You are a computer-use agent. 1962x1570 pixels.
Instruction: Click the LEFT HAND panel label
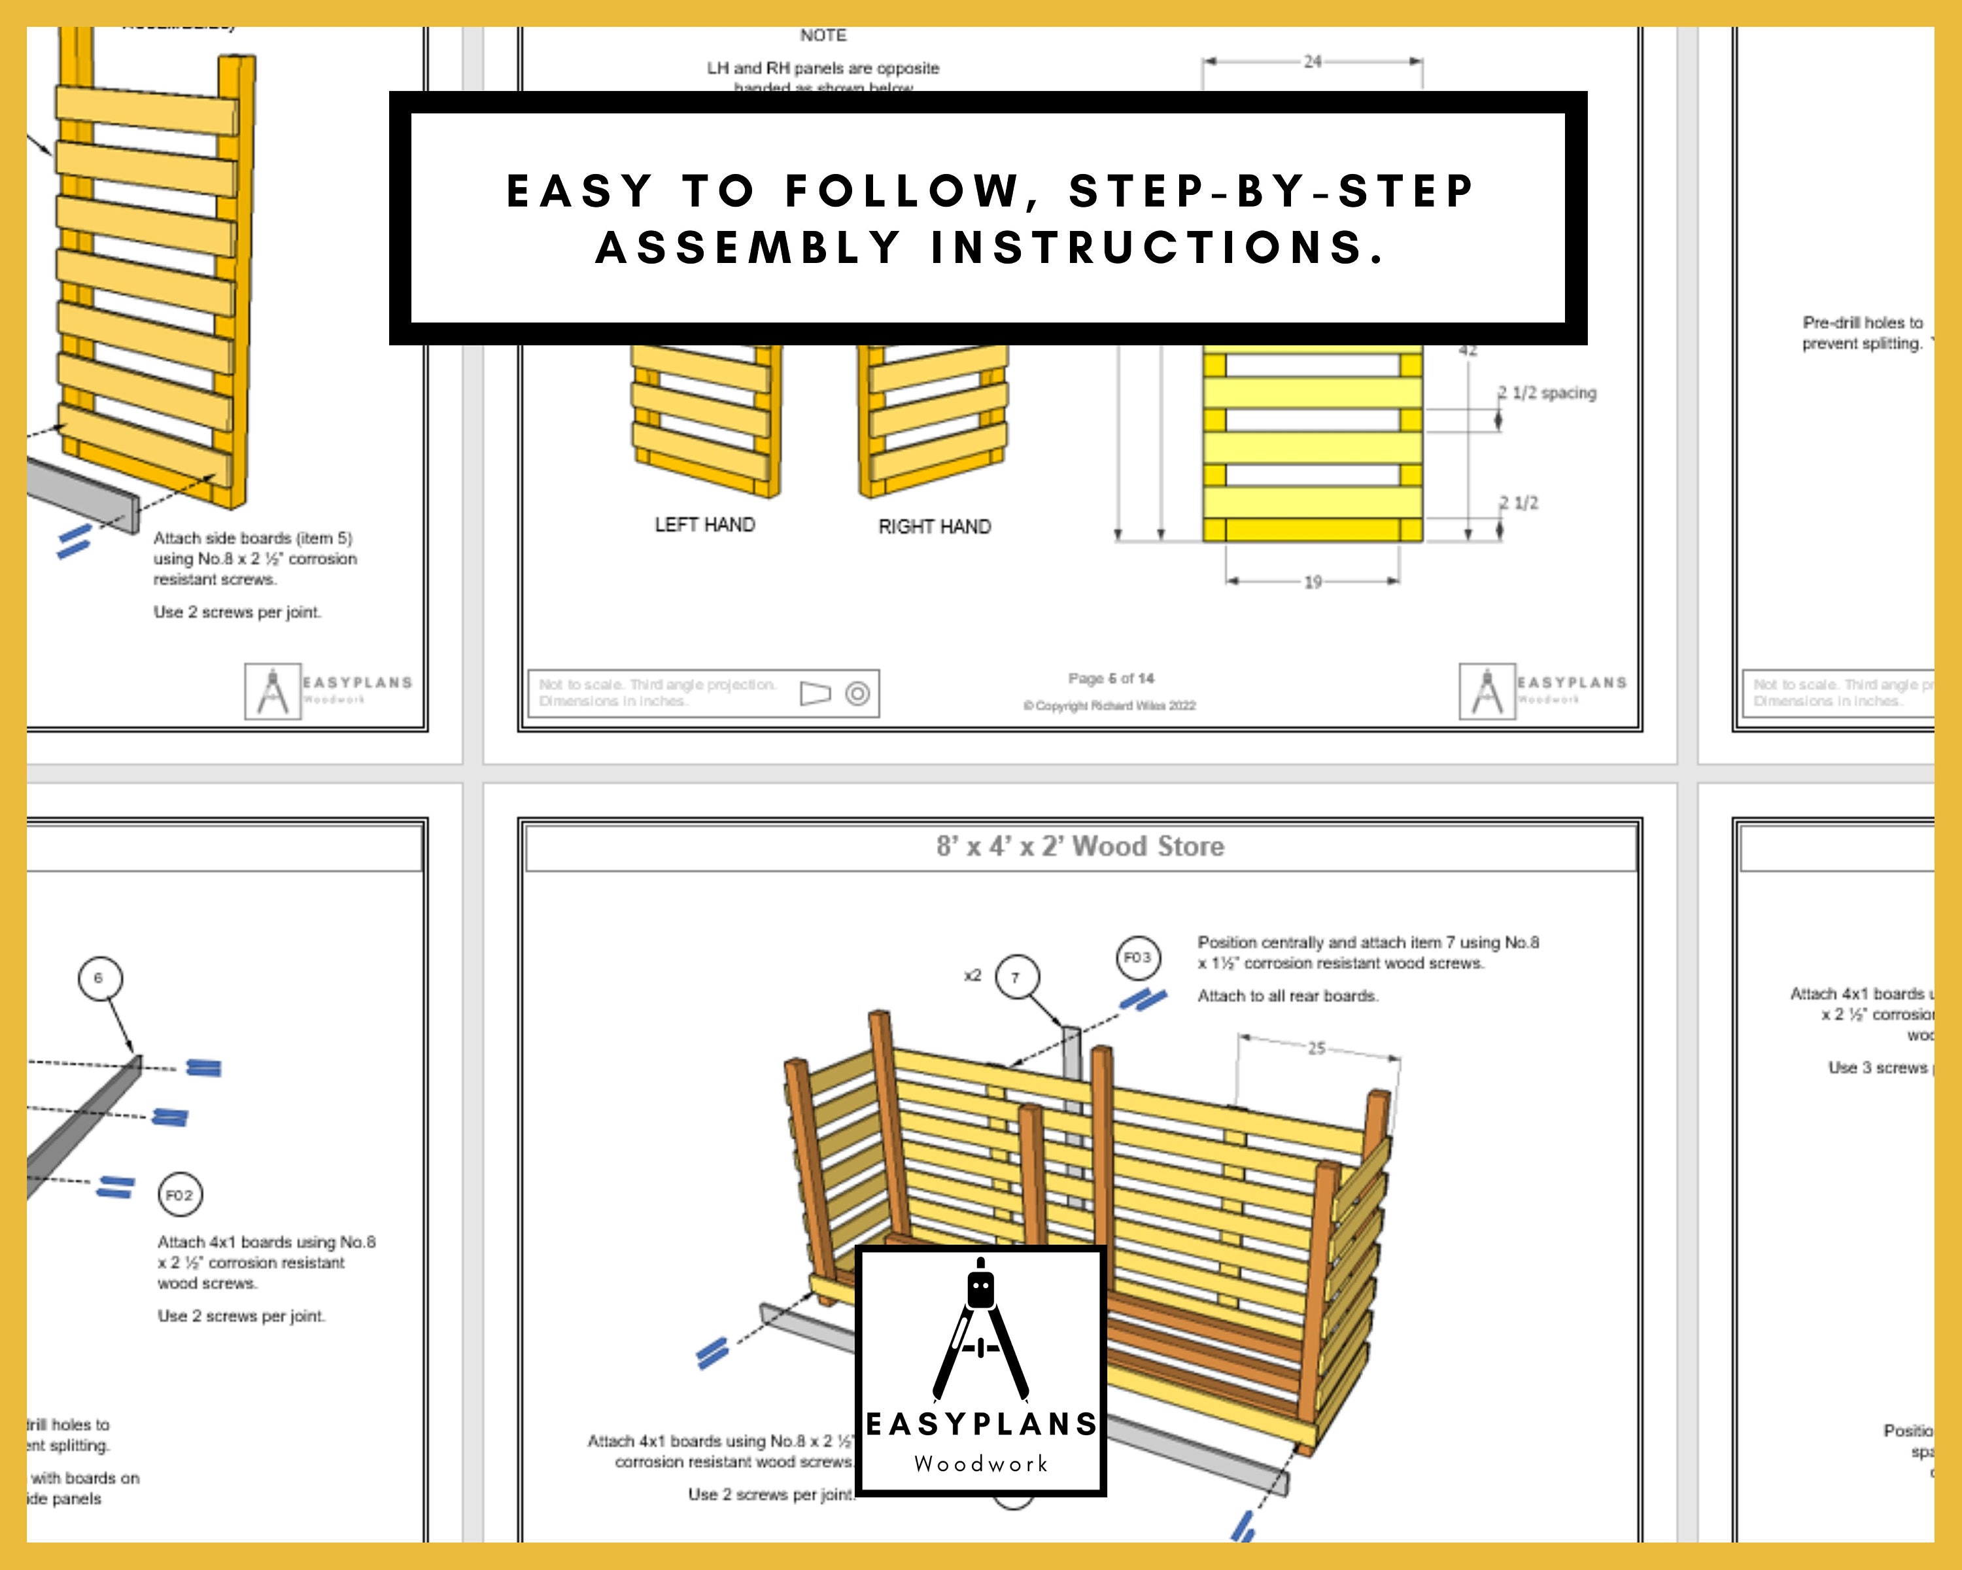point(704,525)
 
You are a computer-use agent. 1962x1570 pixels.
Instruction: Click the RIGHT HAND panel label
point(935,527)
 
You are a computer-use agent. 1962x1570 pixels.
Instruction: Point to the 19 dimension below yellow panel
point(1311,582)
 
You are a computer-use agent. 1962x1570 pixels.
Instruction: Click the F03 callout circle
point(1137,958)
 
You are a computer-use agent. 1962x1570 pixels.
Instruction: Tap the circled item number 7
point(1016,977)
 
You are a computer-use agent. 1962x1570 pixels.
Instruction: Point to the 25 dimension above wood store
point(1316,1049)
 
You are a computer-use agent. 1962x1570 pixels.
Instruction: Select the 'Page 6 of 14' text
point(1110,679)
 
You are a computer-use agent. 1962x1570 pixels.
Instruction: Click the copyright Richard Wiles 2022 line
point(1109,705)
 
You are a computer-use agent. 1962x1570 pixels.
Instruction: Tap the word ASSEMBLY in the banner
point(748,247)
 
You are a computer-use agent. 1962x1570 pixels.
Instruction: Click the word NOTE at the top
point(823,35)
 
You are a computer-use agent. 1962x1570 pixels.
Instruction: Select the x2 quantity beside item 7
point(972,975)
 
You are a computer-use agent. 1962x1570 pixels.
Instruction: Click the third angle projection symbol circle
point(857,693)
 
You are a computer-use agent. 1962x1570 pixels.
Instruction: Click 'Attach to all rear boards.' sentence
point(1287,996)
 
